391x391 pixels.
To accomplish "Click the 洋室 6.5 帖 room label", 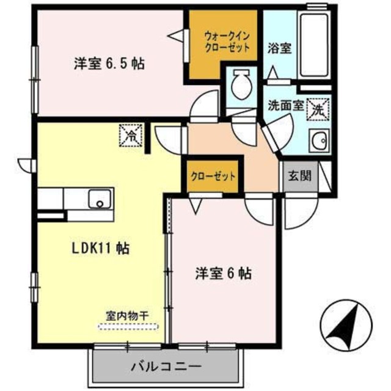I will coord(109,63).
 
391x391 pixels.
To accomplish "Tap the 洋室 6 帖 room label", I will coord(224,273).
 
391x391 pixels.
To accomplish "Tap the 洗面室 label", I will coord(285,104).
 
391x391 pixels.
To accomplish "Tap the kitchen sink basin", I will coord(98,199).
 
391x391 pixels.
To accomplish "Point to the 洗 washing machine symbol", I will coord(319,110).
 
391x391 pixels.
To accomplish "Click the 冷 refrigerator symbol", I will coord(130,136).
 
